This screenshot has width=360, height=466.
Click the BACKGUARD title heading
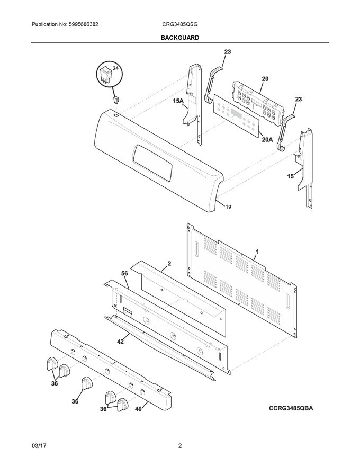point(179,38)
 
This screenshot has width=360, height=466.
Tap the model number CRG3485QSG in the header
point(180,25)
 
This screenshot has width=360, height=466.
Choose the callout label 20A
point(267,140)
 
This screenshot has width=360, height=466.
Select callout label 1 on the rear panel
point(257,252)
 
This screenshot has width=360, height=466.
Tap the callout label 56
point(124,273)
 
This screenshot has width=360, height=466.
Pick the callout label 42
point(120,342)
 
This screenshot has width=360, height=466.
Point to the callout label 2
point(169,263)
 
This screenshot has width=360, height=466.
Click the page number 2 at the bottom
point(180,446)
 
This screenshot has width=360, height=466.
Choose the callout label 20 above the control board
point(265,79)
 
